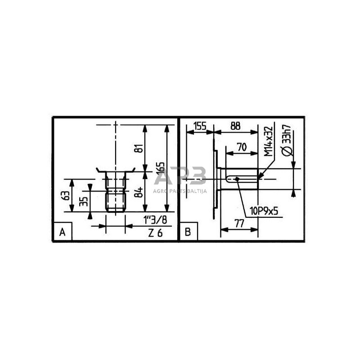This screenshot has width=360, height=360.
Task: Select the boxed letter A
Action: [x=62, y=233]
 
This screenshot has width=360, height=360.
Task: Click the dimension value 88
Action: [x=235, y=126]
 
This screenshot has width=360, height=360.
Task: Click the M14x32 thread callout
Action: [x=269, y=141]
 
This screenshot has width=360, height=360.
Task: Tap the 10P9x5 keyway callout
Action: [x=261, y=210]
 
